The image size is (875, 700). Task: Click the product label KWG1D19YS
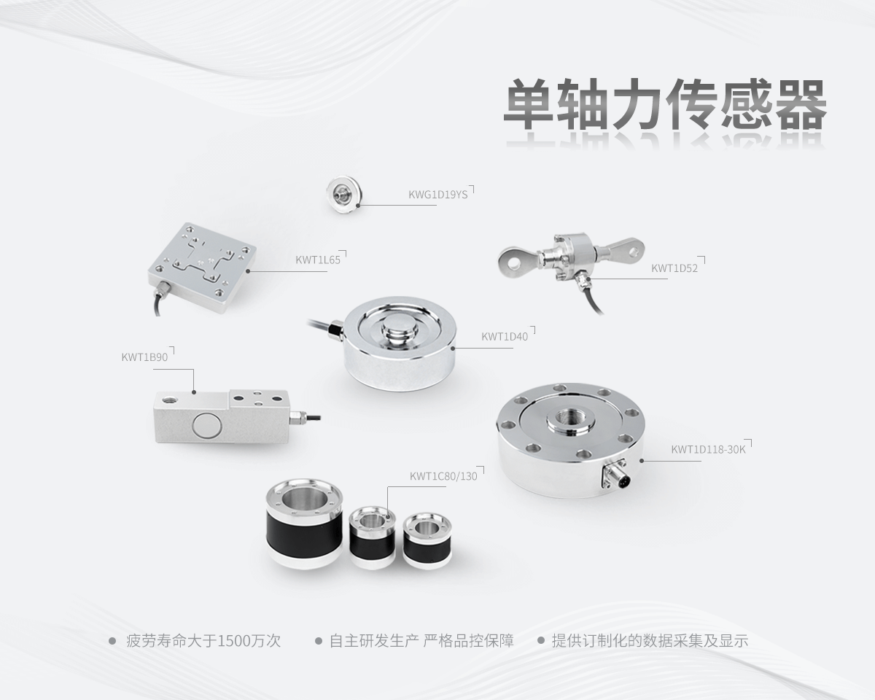click(x=437, y=195)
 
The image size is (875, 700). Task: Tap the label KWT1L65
click(x=318, y=259)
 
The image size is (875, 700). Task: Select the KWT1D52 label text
click(x=674, y=268)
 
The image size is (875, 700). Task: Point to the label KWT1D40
click(x=504, y=337)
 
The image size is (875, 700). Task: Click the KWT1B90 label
click(x=144, y=357)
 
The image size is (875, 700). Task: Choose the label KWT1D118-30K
click(x=708, y=449)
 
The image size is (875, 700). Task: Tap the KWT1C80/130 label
click(x=443, y=477)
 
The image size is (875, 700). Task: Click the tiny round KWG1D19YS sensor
click(x=342, y=193)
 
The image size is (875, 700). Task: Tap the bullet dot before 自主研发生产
click(x=319, y=642)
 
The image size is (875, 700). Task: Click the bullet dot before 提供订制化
click(x=541, y=642)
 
